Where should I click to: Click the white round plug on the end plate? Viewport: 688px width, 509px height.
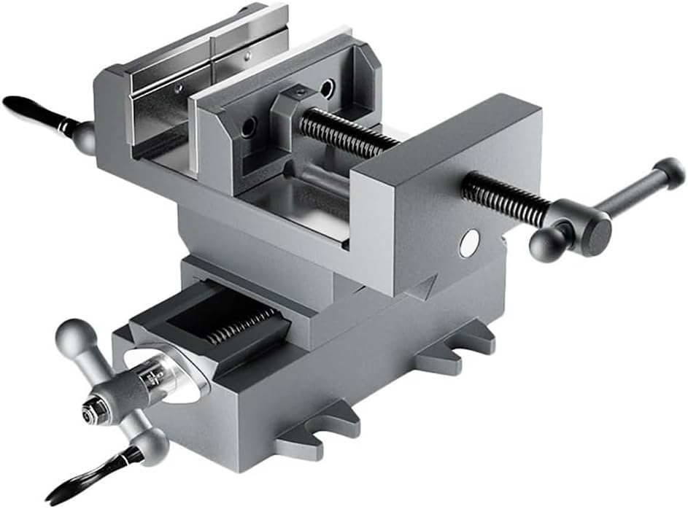470,242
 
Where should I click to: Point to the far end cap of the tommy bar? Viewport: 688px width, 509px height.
668,172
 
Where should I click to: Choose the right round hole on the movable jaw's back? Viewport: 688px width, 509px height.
327,90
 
